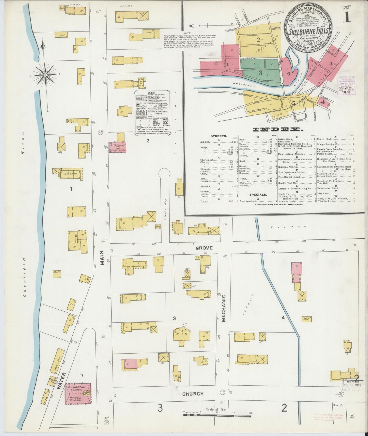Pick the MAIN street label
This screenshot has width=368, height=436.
click(102, 258)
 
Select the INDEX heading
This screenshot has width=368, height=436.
click(277, 129)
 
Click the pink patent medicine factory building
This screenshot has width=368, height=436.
click(118, 147)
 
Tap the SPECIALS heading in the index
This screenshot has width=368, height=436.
click(258, 195)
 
